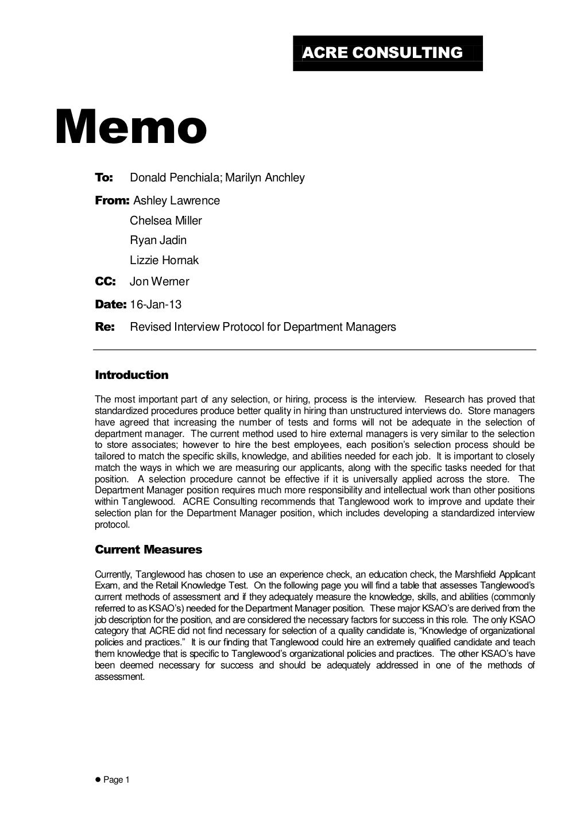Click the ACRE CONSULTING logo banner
[x=388, y=53]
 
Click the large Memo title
[x=131, y=127]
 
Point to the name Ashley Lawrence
[x=176, y=201]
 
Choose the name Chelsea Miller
[x=166, y=221]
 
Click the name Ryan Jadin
[x=158, y=241]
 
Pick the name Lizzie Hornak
[x=164, y=261]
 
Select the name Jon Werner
[x=159, y=282]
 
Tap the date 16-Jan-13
[x=156, y=305]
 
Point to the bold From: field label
[x=112, y=201]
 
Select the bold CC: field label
[x=105, y=282]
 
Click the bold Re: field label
[x=105, y=327]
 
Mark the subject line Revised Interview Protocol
[x=263, y=327]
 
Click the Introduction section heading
[x=131, y=376]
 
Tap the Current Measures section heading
[x=148, y=550]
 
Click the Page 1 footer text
[x=117, y=780]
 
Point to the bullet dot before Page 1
[x=98, y=780]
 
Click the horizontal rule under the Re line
[x=315, y=350]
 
